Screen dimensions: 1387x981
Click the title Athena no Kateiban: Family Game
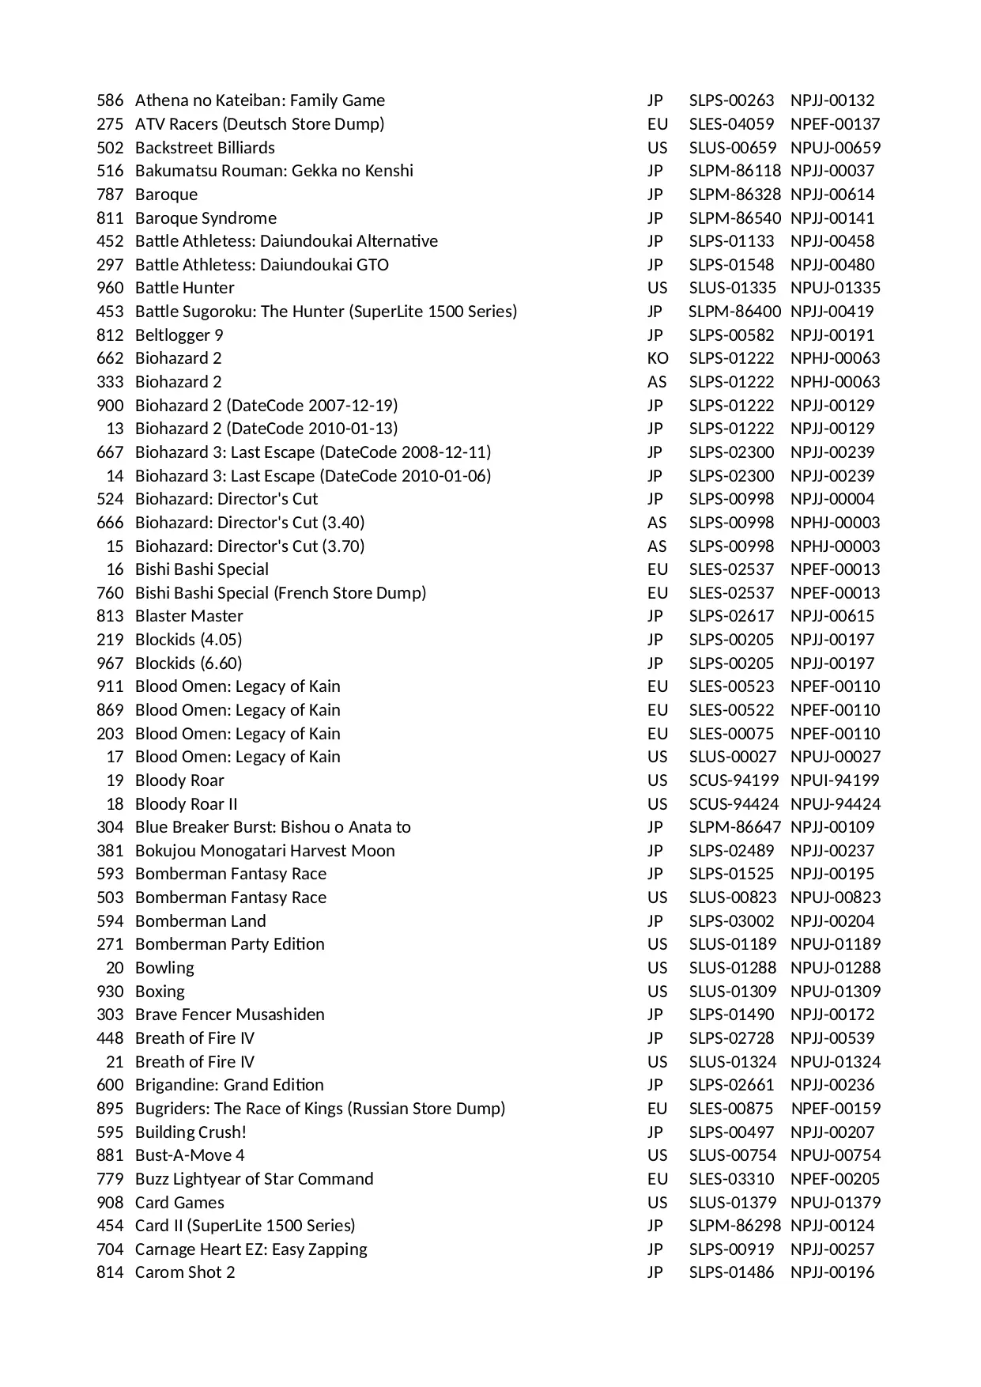coord(259,100)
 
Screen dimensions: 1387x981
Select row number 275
coord(110,124)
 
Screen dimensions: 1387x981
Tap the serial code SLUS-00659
coord(732,148)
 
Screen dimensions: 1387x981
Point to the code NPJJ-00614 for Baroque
coord(832,195)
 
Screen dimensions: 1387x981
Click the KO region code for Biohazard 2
coord(657,358)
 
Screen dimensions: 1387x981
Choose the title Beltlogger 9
coord(179,335)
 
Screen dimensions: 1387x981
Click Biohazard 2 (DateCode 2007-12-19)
coord(266,406)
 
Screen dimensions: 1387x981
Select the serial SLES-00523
coord(731,686)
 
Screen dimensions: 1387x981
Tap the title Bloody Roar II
coord(186,804)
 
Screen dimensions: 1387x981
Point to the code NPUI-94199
coord(834,780)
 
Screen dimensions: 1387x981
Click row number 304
coord(110,827)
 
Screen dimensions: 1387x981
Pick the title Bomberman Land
coord(200,921)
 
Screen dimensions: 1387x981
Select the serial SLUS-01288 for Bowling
coord(732,968)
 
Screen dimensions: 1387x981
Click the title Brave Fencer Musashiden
coord(229,1015)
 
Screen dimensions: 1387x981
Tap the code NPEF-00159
coord(835,1109)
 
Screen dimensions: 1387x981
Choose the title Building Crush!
coord(191,1132)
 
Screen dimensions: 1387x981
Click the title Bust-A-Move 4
coord(190,1155)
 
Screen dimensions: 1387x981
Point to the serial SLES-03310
coord(731,1179)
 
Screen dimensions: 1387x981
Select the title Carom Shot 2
coord(185,1272)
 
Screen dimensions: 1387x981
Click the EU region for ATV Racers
coord(657,124)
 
